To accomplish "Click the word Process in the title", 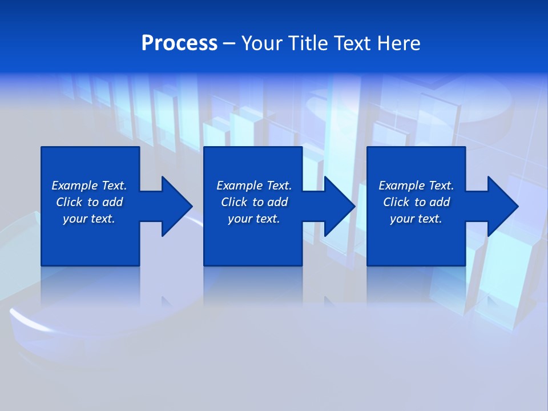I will tap(179, 43).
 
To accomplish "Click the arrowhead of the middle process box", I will tap(339, 206).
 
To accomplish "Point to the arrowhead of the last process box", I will tap(501, 206).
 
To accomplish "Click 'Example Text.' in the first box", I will tap(89, 186).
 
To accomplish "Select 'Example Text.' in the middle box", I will tap(254, 186).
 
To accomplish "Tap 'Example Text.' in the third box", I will tap(416, 186).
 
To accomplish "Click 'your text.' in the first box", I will tap(89, 219).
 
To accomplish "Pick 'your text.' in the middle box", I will tap(254, 219).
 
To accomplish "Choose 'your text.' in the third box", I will tap(416, 219).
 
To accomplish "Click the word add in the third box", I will tap(439, 202).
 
